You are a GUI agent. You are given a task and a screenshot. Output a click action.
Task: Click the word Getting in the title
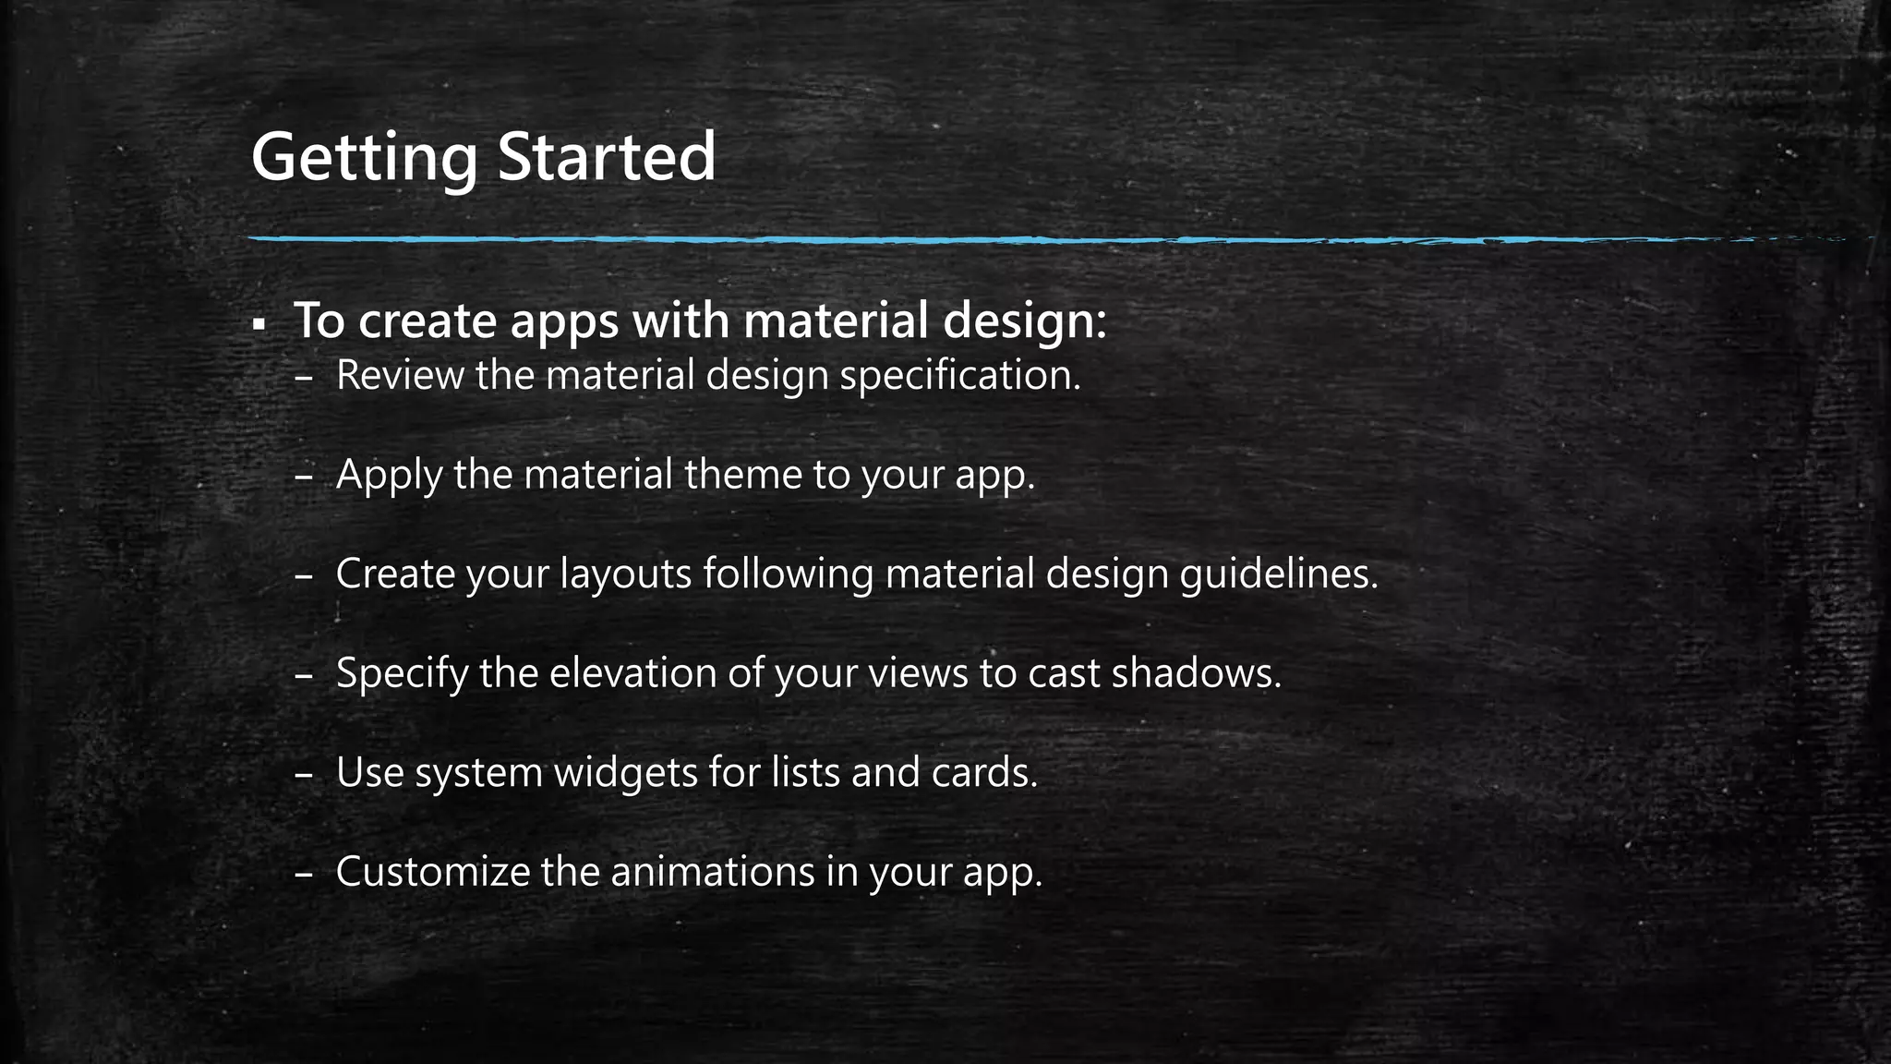pos(364,158)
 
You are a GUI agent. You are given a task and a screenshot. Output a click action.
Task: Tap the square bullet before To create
pos(259,325)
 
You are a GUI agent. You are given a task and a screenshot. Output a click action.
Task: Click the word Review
pos(399,375)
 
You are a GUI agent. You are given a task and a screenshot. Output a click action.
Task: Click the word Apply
pos(389,475)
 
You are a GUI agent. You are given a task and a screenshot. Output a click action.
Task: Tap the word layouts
pos(625,574)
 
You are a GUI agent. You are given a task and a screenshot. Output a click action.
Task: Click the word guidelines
pos(1278,574)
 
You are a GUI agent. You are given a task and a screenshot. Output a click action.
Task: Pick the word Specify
pos(402,673)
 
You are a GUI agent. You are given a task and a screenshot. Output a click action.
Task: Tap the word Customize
pos(432,872)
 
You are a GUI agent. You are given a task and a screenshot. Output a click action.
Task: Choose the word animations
pos(712,872)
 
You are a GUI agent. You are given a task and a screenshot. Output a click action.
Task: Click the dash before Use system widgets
pos(305,774)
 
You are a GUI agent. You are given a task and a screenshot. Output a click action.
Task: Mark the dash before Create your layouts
pos(305,575)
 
